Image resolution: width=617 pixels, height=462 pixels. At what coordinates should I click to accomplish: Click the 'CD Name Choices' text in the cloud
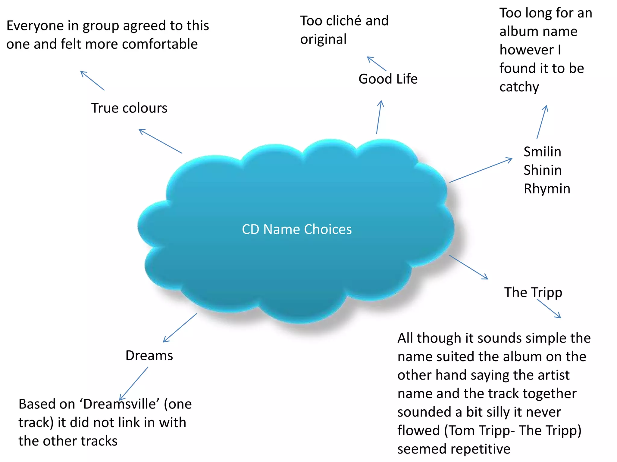tap(297, 229)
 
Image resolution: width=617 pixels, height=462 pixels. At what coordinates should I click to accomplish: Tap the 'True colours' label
tap(129, 108)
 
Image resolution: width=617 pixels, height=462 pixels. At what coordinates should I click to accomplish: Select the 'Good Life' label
tap(388, 79)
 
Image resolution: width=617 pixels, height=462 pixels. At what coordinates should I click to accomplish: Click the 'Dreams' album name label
tap(149, 356)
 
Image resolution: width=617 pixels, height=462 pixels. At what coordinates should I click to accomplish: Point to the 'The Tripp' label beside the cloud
tap(533, 292)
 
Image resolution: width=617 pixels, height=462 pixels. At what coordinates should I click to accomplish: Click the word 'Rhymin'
tap(547, 189)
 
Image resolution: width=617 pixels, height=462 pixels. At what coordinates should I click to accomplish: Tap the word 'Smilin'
tap(542, 152)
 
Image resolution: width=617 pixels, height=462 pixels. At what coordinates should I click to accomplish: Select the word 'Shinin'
tap(543, 170)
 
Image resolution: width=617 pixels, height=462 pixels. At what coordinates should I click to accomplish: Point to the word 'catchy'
tap(519, 87)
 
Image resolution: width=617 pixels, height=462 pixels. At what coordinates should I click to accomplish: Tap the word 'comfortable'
tap(160, 44)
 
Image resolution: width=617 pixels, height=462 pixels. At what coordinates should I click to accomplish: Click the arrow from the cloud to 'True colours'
tap(160, 141)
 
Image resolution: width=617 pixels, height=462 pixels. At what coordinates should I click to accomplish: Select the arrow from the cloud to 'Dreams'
tap(180, 328)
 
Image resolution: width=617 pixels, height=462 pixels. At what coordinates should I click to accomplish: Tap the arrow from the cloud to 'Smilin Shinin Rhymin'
tap(481, 170)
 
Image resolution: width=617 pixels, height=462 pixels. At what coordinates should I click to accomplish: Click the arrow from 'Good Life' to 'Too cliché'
tap(376, 63)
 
